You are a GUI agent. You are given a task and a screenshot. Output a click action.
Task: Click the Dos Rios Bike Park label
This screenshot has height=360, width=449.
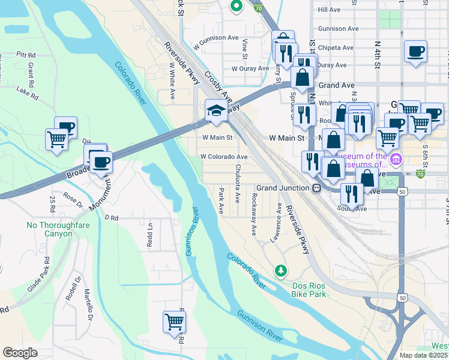click(x=309, y=290)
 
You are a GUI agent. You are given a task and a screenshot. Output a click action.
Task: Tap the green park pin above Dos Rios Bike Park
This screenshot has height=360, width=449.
click(x=280, y=271)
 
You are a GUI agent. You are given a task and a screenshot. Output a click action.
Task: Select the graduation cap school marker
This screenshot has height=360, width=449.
click(x=215, y=110)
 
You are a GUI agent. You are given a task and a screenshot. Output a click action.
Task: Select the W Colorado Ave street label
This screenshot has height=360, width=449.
click(x=224, y=157)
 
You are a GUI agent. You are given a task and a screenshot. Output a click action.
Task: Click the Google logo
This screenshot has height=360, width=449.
click(x=20, y=352)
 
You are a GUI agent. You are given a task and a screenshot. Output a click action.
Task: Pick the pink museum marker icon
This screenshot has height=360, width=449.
click(x=395, y=160)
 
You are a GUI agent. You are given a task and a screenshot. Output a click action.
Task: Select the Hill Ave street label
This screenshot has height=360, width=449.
click(x=330, y=10)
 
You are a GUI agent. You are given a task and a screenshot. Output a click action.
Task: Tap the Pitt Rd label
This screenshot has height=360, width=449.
click(x=27, y=55)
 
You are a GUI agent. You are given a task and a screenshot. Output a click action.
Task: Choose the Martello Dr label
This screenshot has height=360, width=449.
click(x=88, y=304)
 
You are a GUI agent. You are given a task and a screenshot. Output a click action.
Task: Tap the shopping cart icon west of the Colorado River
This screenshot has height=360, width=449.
click(x=56, y=139)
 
